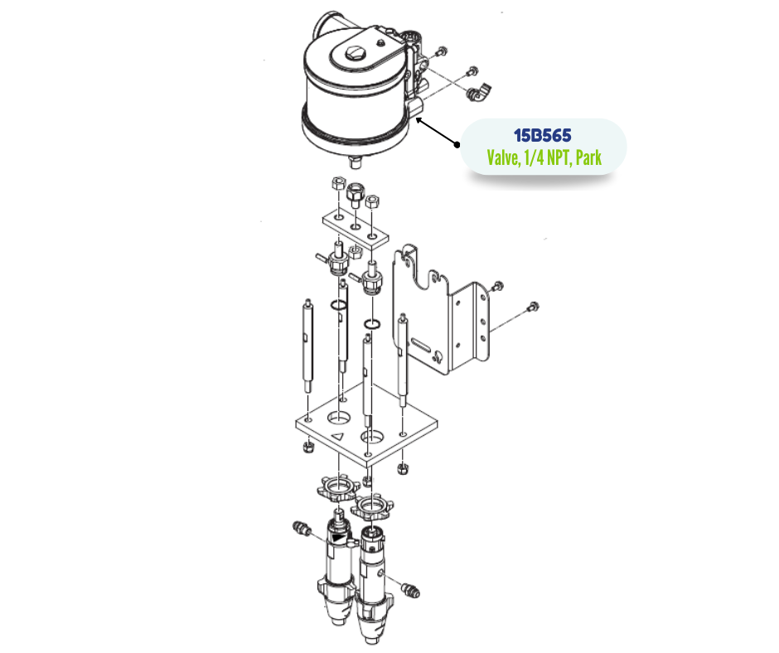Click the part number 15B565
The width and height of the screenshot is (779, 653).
[543, 135]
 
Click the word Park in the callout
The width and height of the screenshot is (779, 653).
[588, 157]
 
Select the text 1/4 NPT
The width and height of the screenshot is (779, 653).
[547, 157]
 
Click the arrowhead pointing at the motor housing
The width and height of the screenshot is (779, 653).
[419, 120]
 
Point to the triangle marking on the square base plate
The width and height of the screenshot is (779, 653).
[338, 437]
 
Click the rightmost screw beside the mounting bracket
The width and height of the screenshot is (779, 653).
[533, 307]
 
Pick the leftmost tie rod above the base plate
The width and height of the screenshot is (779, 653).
[308, 348]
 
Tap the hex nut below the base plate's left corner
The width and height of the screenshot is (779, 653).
[307, 447]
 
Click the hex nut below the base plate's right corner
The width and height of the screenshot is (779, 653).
[403, 468]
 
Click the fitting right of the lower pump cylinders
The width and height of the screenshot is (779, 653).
[410, 590]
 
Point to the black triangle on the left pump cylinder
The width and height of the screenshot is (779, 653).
[338, 538]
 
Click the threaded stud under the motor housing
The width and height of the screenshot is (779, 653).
[355, 162]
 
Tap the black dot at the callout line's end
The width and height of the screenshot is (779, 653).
[457, 145]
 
